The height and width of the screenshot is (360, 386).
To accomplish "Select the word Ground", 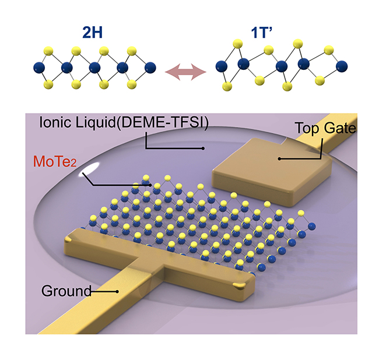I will coord(66,291).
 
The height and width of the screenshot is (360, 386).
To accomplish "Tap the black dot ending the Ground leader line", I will coord(118,292).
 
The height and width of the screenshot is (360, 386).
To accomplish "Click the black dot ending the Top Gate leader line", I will coord(279,158).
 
